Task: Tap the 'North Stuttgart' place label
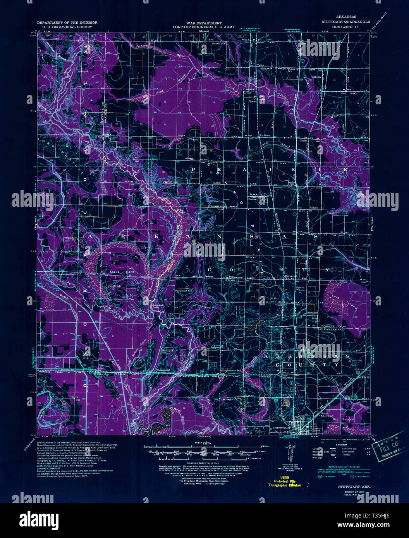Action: [327, 416]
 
